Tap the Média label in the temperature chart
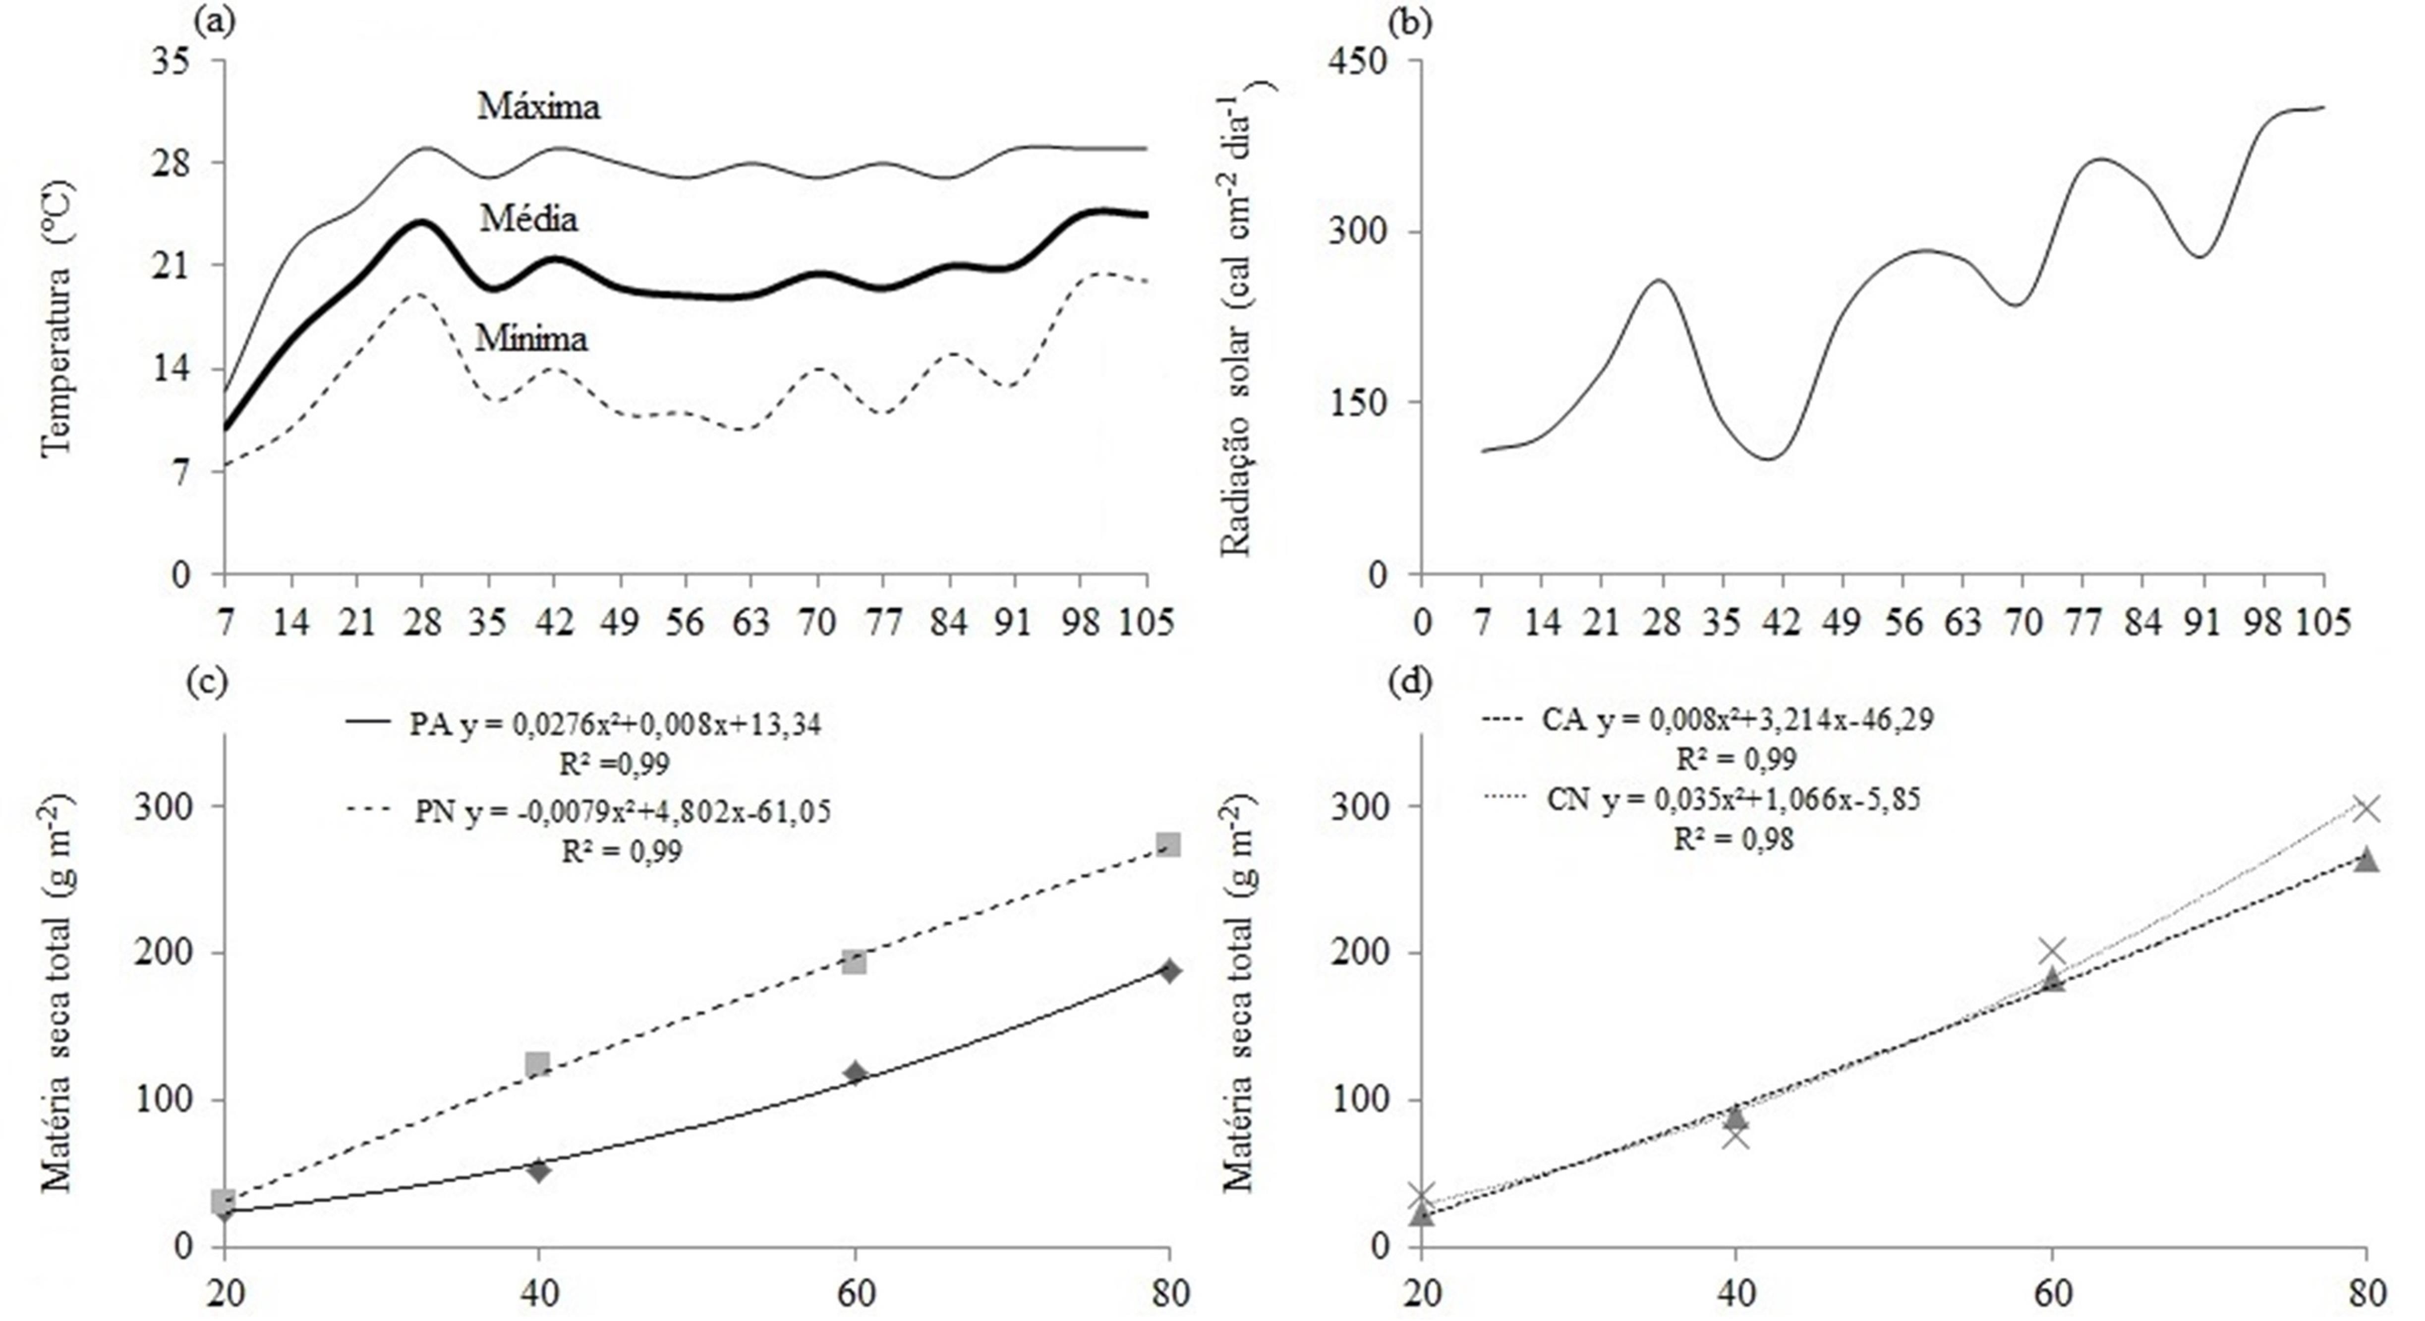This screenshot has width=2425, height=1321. [x=528, y=219]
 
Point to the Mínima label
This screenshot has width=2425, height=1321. [x=531, y=338]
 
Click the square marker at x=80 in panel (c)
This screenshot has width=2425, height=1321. [x=1168, y=844]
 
